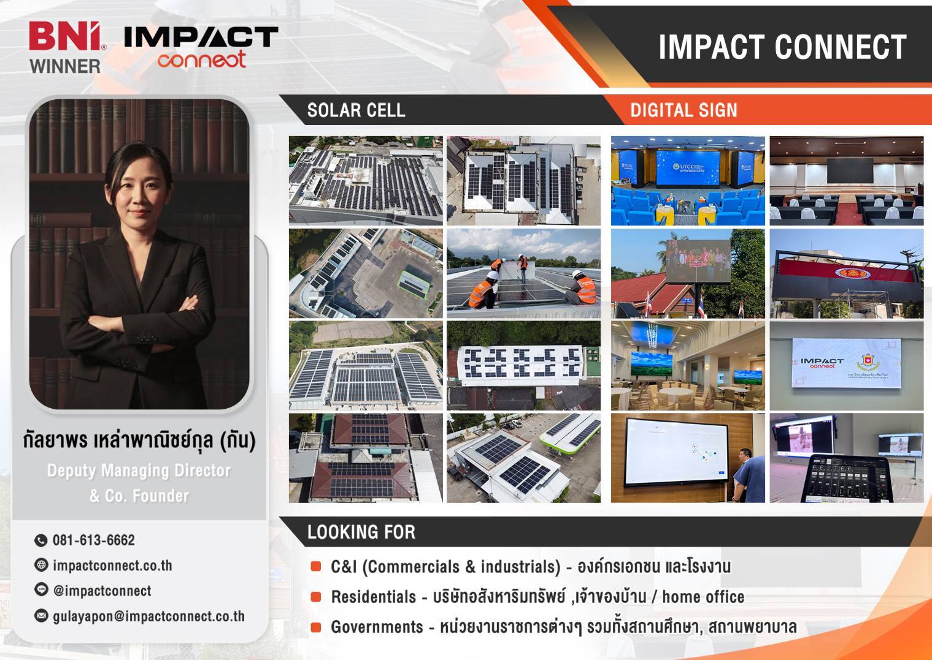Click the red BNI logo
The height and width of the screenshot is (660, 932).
(x=65, y=36)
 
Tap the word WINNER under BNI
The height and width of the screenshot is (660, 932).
(x=65, y=66)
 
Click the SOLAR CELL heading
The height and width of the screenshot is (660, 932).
(x=356, y=110)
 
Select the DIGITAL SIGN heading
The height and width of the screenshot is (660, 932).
(x=684, y=110)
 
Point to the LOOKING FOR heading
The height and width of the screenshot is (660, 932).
(x=361, y=532)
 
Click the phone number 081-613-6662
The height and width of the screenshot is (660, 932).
(x=94, y=540)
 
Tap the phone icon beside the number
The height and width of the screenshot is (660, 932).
(x=40, y=541)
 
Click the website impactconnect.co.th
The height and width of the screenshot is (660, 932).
(x=112, y=565)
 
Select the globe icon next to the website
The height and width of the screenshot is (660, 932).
(x=40, y=565)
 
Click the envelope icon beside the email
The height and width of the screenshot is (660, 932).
(x=40, y=615)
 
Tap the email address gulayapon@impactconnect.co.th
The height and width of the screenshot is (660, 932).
(x=148, y=616)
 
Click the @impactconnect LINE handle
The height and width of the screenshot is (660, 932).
(x=102, y=591)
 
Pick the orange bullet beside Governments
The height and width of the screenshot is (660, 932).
(x=316, y=627)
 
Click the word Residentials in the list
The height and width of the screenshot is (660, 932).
(x=373, y=597)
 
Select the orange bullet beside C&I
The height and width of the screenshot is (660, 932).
(x=316, y=566)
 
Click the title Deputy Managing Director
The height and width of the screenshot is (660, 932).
(x=139, y=471)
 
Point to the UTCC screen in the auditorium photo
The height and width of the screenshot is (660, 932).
(x=688, y=168)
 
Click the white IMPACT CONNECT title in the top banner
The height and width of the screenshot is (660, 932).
(x=782, y=47)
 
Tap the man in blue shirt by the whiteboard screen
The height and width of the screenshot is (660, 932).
(x=748, y=475)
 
